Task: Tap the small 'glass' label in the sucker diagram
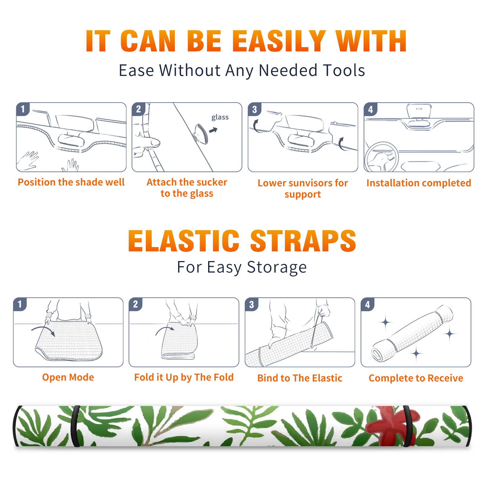pyautogui.click(x=220, y=117)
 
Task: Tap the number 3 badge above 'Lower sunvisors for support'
pyautogui.click(x=254, y=109)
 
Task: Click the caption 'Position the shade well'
pyautogui.click(x=71, y=182)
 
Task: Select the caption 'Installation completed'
pyautogui.click(x=419, y=183)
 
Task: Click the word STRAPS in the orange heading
pyautogui.click(x=303, y=241)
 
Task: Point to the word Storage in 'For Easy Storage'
pyautogui.click(x=277, y=267)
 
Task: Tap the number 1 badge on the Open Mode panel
pyautogui.click(x=20, y=304)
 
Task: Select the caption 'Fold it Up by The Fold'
pyautogui.click(x=184, y=377)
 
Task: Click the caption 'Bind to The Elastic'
pyautogui.click(x=300, y=378)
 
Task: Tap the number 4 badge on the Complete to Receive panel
pyautogui.click(x=368, y=304)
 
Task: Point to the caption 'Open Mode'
pyautogui.click(x=68, y=377)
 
